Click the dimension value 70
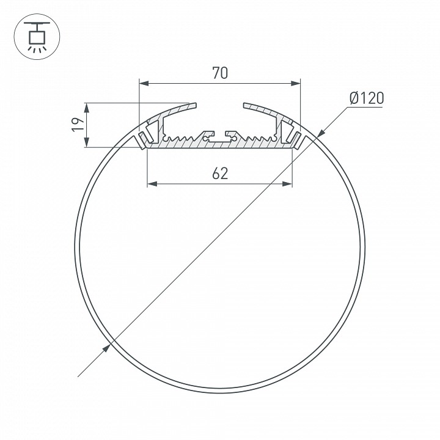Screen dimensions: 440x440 [220, 73]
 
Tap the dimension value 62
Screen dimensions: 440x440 [220, 174]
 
